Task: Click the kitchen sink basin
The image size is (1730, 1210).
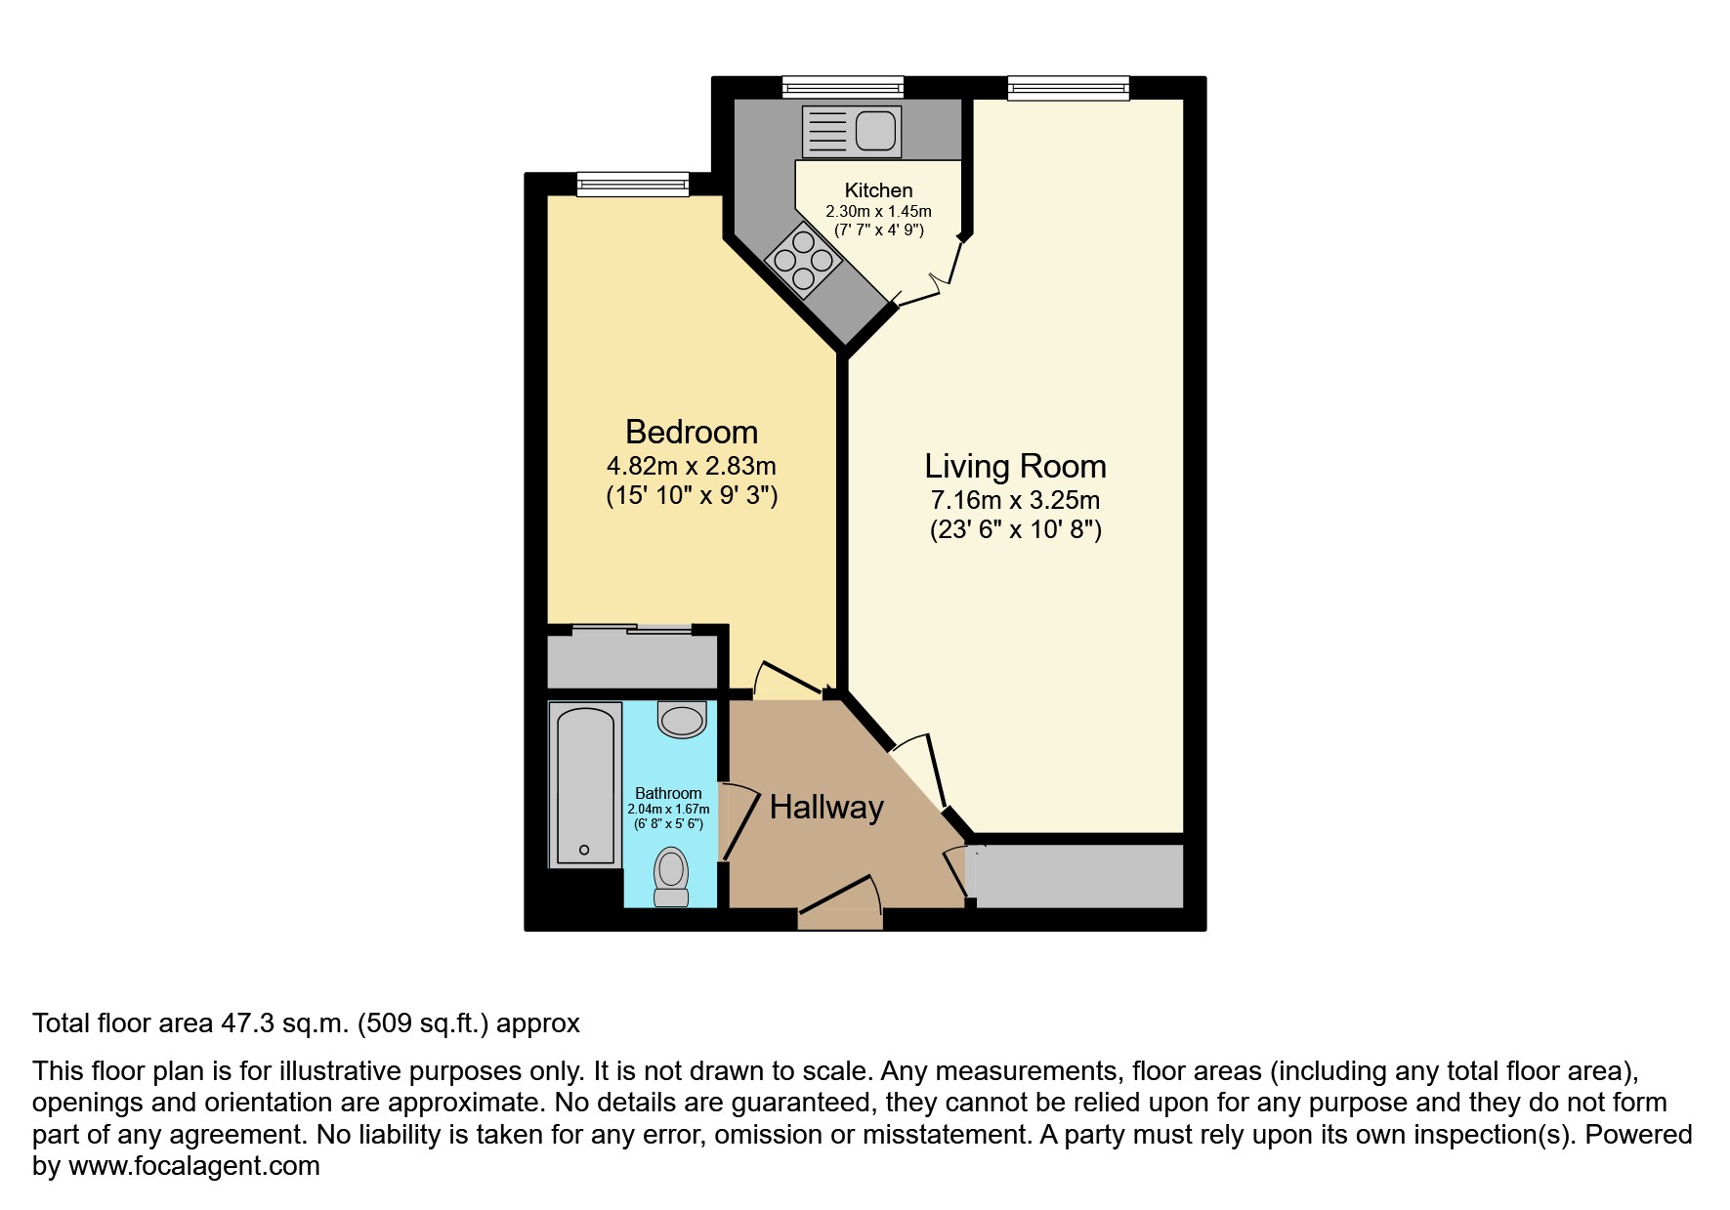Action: (874, 132)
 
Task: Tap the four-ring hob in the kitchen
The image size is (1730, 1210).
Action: (804, 259)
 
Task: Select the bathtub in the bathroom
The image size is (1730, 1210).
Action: (585, 784)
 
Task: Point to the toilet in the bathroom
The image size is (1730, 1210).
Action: (670, 877)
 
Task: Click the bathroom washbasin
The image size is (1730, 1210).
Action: (683, 719)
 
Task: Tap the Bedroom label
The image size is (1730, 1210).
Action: (692, 432)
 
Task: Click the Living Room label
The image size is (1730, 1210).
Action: (1016, 466)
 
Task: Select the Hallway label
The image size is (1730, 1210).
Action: (826, 807)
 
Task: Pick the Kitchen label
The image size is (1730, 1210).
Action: (879, 190)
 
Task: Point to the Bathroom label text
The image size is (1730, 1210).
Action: (668, 793)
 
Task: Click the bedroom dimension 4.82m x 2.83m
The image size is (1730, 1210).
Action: (692, 466)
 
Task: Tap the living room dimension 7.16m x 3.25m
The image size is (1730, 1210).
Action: (1016, 501)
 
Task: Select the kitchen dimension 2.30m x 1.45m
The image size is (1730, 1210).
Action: (879, 211)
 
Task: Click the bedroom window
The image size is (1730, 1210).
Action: (633, 184)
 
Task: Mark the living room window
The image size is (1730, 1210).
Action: (1069, 88)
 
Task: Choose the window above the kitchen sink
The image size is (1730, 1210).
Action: (843, 88)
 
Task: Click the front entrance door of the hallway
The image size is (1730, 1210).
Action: (840, 903)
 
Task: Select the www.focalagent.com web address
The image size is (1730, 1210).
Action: (194, 1166)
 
